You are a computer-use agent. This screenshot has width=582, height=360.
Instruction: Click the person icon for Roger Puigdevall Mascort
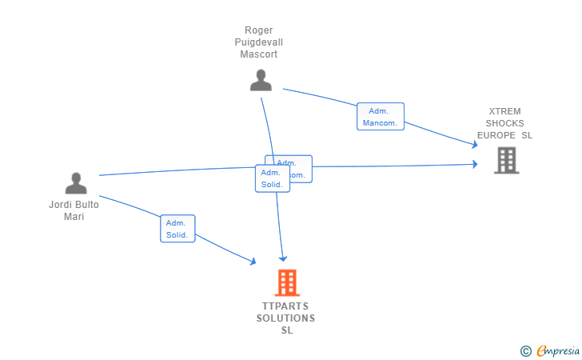point(261,80)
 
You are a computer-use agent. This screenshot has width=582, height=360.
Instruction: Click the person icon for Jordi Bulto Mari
point(76,184)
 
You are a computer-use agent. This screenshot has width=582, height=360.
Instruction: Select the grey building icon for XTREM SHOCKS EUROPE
point(506,160)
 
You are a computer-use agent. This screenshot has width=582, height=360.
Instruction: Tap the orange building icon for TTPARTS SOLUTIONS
point(287,282)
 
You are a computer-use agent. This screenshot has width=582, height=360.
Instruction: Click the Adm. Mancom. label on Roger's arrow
point(380,117)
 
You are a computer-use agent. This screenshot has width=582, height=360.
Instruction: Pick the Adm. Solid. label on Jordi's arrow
point(177,229)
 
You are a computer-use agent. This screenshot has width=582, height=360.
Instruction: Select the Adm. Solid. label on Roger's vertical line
point(270,178)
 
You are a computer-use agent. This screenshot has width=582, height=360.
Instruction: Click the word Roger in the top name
point(259,30)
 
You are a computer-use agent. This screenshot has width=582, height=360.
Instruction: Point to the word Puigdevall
point(259,42)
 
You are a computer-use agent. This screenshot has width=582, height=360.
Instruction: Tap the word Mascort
point(259,54)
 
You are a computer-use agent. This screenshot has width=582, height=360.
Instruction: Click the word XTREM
point(505,111)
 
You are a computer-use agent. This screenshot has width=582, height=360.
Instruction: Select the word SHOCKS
point(505,123)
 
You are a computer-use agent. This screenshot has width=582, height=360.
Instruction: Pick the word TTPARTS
point(285,306)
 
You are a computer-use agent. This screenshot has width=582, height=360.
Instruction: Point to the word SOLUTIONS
point(285,318)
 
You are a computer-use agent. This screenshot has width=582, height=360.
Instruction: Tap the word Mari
point(74,217)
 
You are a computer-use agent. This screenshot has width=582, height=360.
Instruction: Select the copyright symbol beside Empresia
point(525,350)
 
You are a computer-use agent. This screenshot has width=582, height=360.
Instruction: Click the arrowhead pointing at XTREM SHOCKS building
point(475,165)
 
